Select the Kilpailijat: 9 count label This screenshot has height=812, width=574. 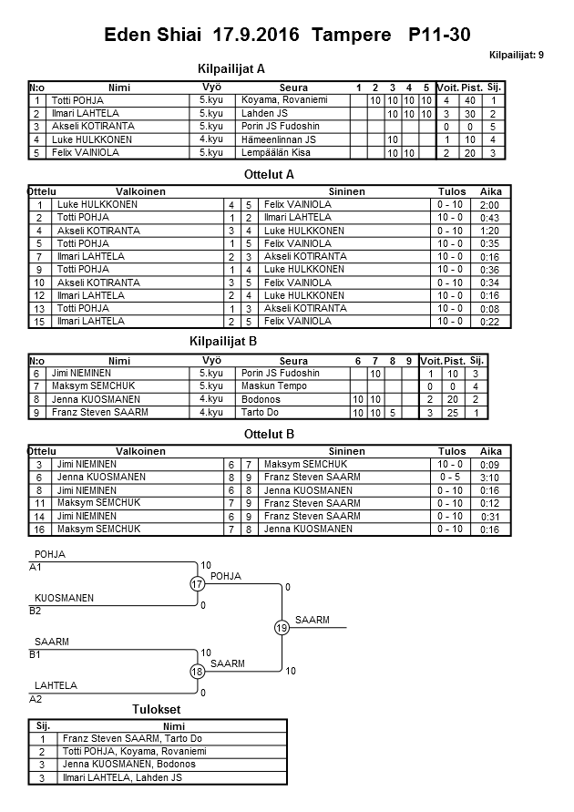517,55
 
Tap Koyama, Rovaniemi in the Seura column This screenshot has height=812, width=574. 283,99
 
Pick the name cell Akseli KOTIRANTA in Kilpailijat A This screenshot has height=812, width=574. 93,126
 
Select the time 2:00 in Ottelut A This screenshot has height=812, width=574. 490,206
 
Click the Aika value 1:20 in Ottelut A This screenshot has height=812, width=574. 490,231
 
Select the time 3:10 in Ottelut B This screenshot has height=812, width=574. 490,478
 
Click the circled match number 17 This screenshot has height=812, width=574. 198,584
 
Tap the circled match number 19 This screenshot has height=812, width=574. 282,627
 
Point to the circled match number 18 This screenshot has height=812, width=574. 198,671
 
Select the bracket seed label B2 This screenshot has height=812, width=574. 36,611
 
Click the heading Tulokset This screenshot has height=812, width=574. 156,710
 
